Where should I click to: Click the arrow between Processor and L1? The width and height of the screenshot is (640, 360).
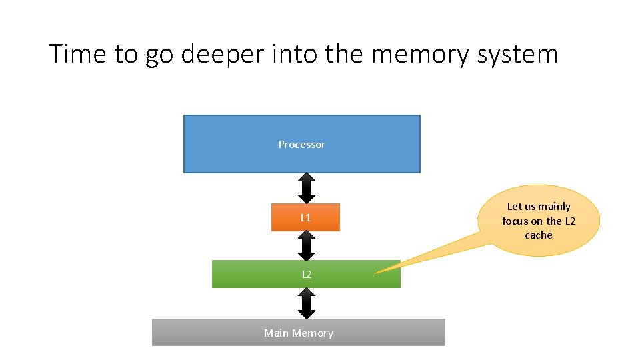pyautogui.click(x=306, y=188)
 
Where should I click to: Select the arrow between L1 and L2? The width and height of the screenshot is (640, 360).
pyautogui.click(x=306, y=245)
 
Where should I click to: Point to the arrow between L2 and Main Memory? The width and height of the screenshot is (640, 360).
pyautogui.click(x=306, y=303)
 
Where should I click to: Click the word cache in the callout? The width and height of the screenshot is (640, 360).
pyautogui.click(x=539, y=235)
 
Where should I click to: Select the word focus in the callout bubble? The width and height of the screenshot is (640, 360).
pyautogui.click(x=515, y=221)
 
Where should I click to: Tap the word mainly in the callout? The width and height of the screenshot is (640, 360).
pyautogui.click(x=554, y=207)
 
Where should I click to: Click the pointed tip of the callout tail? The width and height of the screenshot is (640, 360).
pyautogui.click(x=376, y=272)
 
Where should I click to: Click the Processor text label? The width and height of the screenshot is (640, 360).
pyautogui.click(x=301, y=145)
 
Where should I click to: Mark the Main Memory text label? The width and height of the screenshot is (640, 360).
pyautogui.click(x=298, y=333)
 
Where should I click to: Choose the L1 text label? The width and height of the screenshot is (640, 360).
pyautogui.click(x=305, y=217)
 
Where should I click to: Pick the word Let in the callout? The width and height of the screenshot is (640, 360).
pyautogui.click(x=515, y=207)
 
